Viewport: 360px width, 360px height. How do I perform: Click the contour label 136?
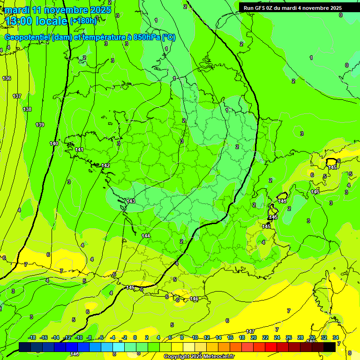pyautogui.click(x=7, y=78)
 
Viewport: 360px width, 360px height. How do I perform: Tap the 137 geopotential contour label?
pyautogui.click(x=17, y=96)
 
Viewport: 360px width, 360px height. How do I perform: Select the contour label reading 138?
pyautogui.click(x=27, y=109)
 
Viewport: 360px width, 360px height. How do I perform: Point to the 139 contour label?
pyautogui.click(x=40, y=125)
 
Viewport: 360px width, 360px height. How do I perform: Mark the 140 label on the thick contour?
pyautogui.click(x=54, y=143)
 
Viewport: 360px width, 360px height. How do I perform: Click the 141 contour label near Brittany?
pyautogui.click(x=79, y=150)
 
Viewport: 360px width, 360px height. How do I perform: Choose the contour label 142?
pyautogui.click(x=105, y=165)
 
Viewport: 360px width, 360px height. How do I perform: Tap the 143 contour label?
pyautogui.click(x=131, y=201)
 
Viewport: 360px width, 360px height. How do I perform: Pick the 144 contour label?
pyautogui.click(x=146, y=236)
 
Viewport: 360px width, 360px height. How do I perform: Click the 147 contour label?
pyautogui.click(x=251, y=331)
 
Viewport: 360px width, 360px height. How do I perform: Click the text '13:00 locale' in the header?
pyautogui.click(x=36, y=21)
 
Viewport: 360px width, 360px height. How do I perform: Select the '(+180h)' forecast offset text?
pyautogui.click(x=83, y=21)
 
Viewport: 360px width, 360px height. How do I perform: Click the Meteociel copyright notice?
pyautogui.click(x=199, y=357)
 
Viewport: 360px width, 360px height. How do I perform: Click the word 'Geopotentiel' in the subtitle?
pyautogui.click(x=29, y=37)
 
